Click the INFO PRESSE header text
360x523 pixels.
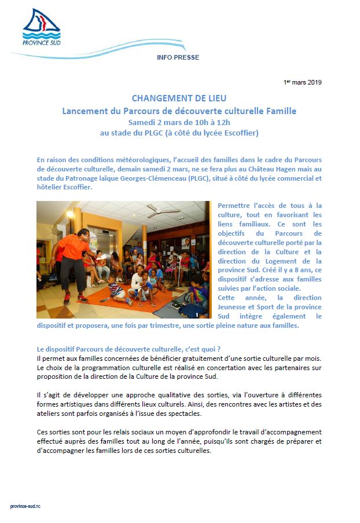178,58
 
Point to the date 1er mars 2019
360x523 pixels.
302,82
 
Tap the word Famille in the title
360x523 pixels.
279,110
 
